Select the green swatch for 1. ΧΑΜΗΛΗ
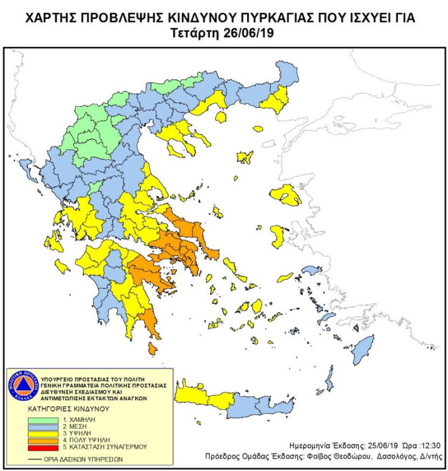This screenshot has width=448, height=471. (45, 420)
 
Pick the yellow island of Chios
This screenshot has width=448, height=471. (277, 236)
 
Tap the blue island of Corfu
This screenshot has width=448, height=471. (26, 166)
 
